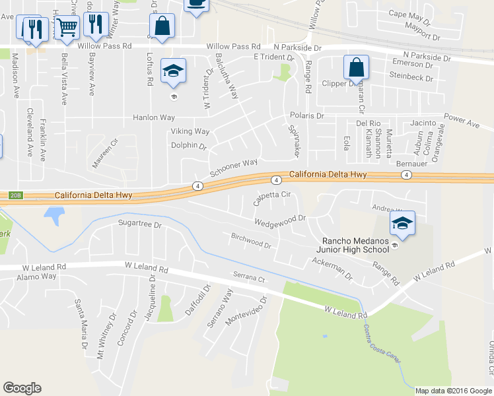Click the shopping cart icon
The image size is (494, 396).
(x=67, y=28)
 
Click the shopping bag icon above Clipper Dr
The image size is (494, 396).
(x=356, y=67)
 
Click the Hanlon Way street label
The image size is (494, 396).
(x=153, y=117)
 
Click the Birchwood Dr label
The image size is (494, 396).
(x=251, y=240)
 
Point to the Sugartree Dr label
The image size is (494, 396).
(x=139, y=224)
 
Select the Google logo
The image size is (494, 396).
(x=22, y=388)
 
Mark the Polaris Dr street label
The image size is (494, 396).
(x=307, y=115)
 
